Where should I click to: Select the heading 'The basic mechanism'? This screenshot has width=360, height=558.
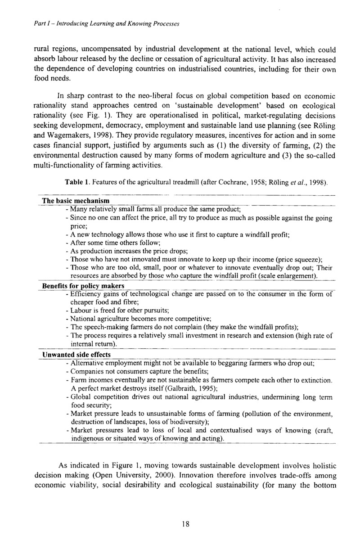point(76,200)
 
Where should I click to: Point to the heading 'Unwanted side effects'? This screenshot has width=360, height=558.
point(76,355)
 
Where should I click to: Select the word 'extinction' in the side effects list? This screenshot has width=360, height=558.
point(316,380)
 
